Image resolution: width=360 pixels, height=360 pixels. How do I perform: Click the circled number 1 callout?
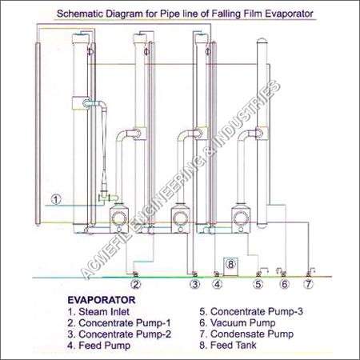pos(56,199)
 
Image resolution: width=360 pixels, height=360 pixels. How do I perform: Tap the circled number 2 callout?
pos(136,284)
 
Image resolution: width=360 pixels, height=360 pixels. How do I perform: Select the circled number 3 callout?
pos(195,284)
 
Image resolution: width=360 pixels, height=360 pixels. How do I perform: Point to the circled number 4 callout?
pos(217,284)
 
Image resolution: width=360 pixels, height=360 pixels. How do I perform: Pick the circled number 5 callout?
pos(258,284)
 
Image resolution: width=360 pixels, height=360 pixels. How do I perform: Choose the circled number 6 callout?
pos(285,284)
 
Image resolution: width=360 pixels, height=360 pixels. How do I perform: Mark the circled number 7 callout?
pos(309,284)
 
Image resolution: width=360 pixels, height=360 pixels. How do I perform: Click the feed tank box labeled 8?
pos(230,266)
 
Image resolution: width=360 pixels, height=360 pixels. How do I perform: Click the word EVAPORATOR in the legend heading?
pos(102,300)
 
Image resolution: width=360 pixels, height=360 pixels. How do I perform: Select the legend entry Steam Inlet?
pos(98,311)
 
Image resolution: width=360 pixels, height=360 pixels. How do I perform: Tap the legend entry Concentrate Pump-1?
pos(119,323)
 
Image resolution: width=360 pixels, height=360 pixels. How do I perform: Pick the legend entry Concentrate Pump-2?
pos(119,334)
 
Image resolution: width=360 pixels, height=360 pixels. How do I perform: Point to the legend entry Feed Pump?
pos(99,346)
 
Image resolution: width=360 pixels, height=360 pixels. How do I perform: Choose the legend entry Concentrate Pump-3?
pos(251,311)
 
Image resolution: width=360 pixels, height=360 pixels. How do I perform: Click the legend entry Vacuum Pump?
pos(238,323)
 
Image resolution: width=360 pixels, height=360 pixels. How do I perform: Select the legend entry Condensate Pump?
pos(246,334)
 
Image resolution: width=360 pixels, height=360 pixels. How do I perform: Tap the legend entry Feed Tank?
pos(228,346)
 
